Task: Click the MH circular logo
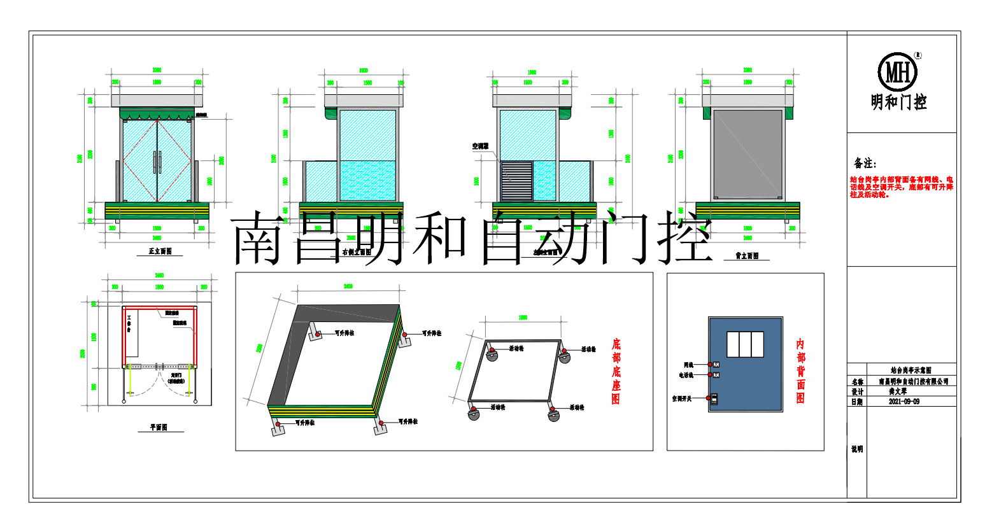coord(898,72)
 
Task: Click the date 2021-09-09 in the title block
coord(903,402)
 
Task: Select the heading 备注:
coord(865,164)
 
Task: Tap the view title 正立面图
coord(160,251)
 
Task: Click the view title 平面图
coord(159,428)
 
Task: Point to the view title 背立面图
coord(747,256)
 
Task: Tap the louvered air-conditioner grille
coord(516,181)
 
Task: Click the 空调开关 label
coord(684,398)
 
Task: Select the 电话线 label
coord(686,376)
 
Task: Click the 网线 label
coord(688,365)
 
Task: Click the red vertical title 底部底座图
coord(616,372)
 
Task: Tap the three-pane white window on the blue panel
coord(745,344)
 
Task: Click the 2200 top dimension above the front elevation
coord(157,70)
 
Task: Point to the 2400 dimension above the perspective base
coord(348,286)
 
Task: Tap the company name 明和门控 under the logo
coord(898,102)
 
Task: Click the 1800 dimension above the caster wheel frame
coord(523,317)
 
